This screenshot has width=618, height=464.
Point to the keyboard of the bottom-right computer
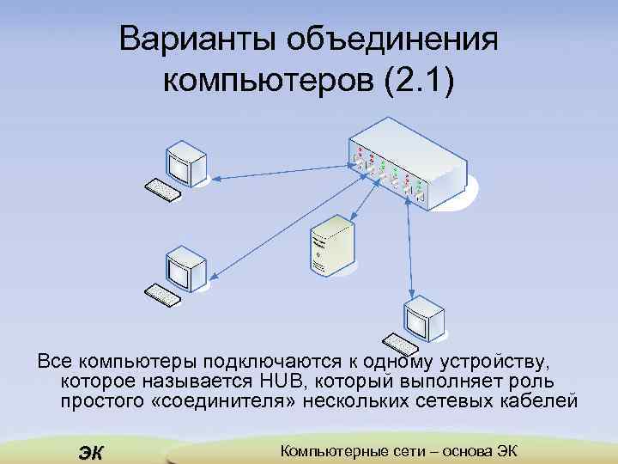pyautogui.click(x=401, y=343)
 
